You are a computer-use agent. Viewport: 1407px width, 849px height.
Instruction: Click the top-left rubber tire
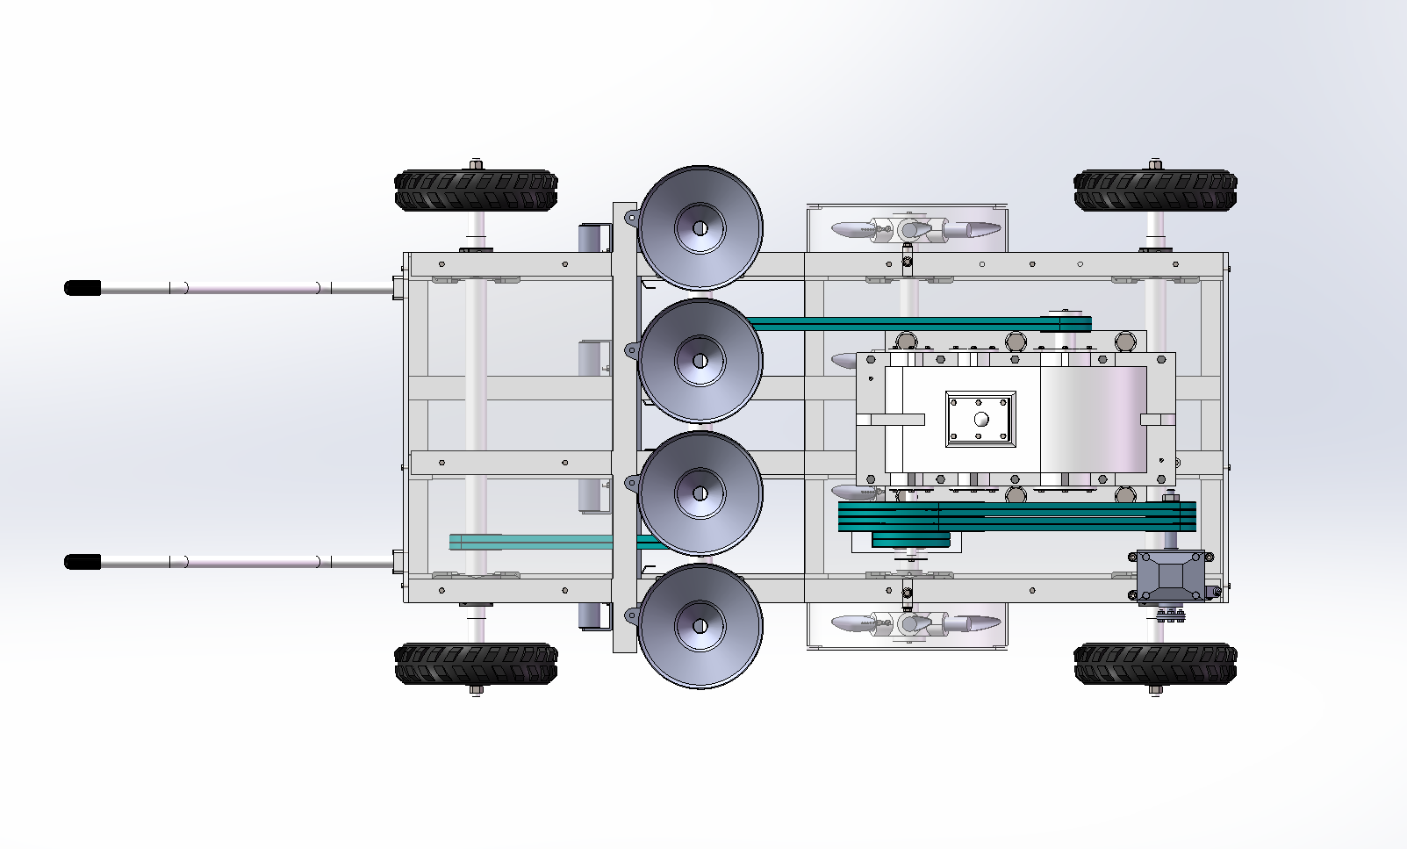[x=476, y=191]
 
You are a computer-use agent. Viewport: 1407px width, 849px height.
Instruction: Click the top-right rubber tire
[x=1155, y=191]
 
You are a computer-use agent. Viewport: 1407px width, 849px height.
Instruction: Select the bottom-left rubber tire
[x=476, y=664]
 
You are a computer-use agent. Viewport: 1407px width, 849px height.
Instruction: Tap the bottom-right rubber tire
[x=1155, y=664]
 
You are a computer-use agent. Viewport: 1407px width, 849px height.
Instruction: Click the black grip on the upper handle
[x=83, y=288]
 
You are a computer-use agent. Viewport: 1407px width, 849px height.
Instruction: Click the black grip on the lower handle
[x=83, y=562]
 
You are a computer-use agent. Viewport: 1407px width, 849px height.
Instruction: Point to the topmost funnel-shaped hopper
[x=700, y=228]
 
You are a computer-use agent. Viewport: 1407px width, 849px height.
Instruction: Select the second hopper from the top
[x=700, y=361]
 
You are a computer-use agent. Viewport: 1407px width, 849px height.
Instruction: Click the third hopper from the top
[x=700, y=493]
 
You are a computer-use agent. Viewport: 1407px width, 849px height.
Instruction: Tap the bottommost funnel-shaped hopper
[x=700, y=626]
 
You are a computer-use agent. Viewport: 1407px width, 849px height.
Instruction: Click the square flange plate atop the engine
[x=980, y=419]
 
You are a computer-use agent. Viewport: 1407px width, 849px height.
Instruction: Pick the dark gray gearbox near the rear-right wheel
[x=1171, y=577]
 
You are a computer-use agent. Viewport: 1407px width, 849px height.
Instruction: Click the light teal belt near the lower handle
[x=527, y=543]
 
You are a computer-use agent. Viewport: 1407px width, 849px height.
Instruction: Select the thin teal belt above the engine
[x=913, y=324]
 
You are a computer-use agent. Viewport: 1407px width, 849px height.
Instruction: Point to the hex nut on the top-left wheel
[x=476, y=164]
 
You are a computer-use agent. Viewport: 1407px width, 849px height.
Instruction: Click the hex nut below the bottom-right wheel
[x=1155, y=690]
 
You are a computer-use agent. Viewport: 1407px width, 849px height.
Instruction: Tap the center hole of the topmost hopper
[x=700, y=228]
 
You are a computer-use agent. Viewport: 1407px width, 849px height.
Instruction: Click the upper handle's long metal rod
[x=246, y=288]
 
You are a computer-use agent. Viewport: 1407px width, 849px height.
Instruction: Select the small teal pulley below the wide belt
[x=910, y=540]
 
